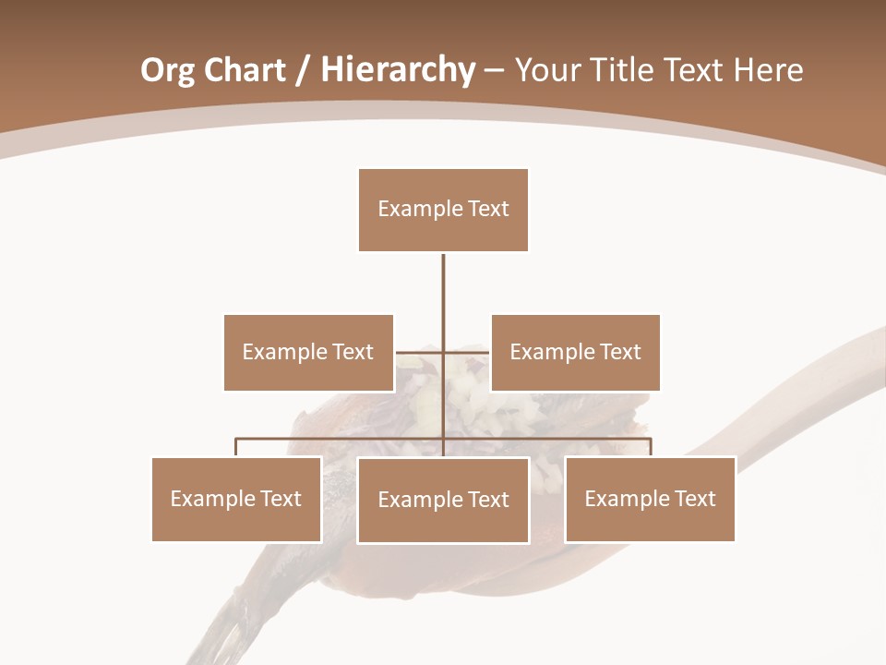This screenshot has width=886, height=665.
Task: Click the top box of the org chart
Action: pyautogui.click(x=443, y=210)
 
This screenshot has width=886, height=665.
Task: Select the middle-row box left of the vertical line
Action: pyautogui.click(x=308, y=352)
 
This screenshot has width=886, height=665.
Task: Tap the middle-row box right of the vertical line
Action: pyautogui.click(x=575, y=352)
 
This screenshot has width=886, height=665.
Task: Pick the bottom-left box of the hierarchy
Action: pyautogui.click(x=236, y=499)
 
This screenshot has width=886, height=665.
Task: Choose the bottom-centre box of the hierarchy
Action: pyautogui.click(x=443, y=500)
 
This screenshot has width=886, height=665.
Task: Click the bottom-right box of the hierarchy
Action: pyautogui.click(x=650, y=499)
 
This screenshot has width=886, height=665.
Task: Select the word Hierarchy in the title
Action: pyautogui.click(x=398, y=70)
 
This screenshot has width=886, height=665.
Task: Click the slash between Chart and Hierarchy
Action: pyautogui.click(x=303, y=70)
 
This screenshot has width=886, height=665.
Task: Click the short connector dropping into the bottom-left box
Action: pyautogui.click(x=236, y=447)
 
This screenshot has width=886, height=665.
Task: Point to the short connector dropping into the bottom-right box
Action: pyautogui.click(x=650, y=447)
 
